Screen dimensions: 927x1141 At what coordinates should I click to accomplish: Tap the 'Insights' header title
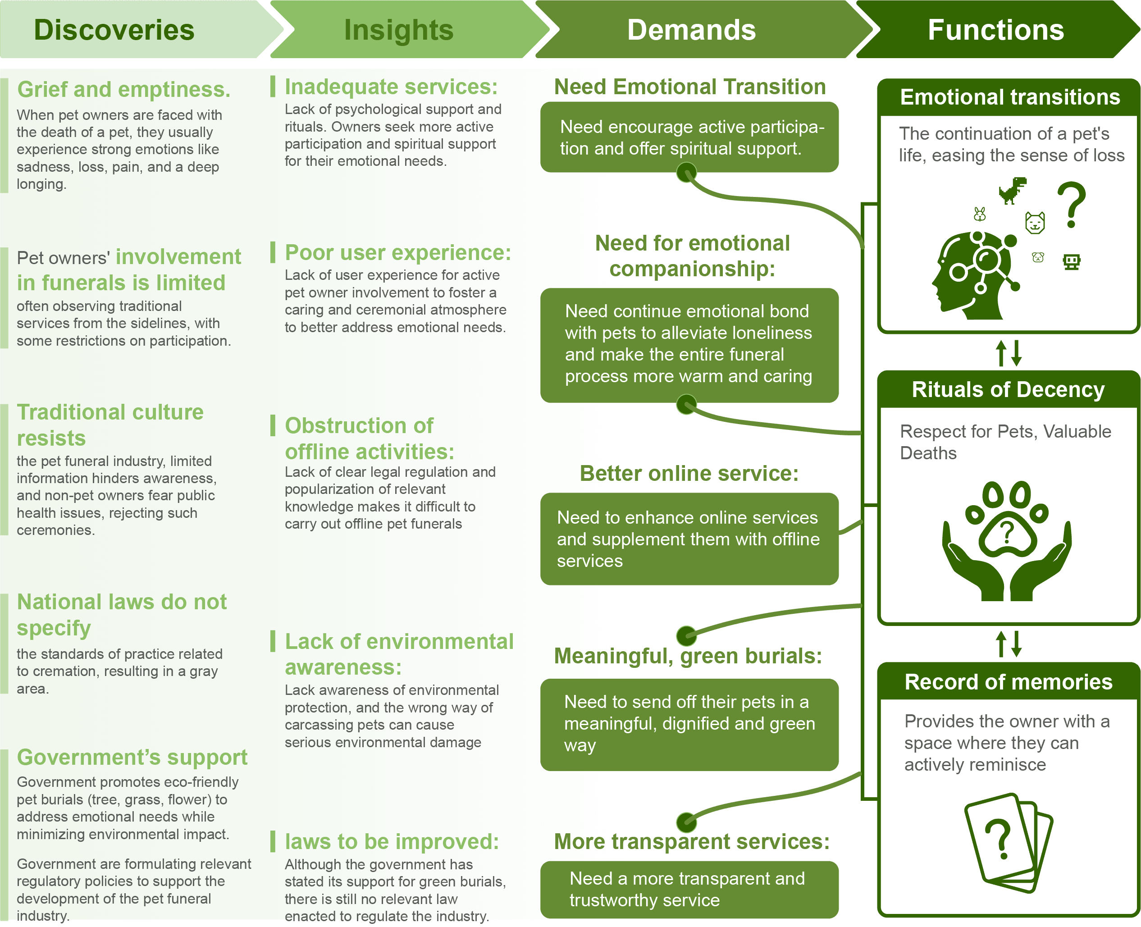[x=398, y=30]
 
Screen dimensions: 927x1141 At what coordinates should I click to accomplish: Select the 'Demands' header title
[x=691, y=30]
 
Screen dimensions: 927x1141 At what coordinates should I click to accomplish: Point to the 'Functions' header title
[x=995, y=30]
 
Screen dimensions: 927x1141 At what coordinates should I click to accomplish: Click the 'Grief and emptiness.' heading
[x=123, y=89]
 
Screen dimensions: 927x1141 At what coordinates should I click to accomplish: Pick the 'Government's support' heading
[x=132, y=757]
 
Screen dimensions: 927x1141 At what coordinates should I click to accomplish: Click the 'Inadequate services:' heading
[x=390, y=87]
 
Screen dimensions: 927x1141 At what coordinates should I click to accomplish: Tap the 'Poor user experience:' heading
[x=397, y=252]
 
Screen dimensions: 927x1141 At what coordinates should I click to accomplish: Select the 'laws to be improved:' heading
[x=391, y=841]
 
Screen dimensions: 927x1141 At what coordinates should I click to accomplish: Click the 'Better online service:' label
[x=689, y=474]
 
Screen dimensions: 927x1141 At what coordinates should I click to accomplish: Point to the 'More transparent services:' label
[x=691, y=841]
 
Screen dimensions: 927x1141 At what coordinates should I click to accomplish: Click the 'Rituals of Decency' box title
[x=1008, y=389]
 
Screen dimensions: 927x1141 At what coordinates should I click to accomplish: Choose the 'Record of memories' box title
[x=1008, y=682]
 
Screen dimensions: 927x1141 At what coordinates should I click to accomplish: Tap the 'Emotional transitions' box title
[x=1010, y=97]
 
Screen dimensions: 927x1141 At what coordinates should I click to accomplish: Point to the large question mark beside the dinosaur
[x=1071, y=205]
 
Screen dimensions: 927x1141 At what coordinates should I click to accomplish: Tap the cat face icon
[x=1035, y=223]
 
